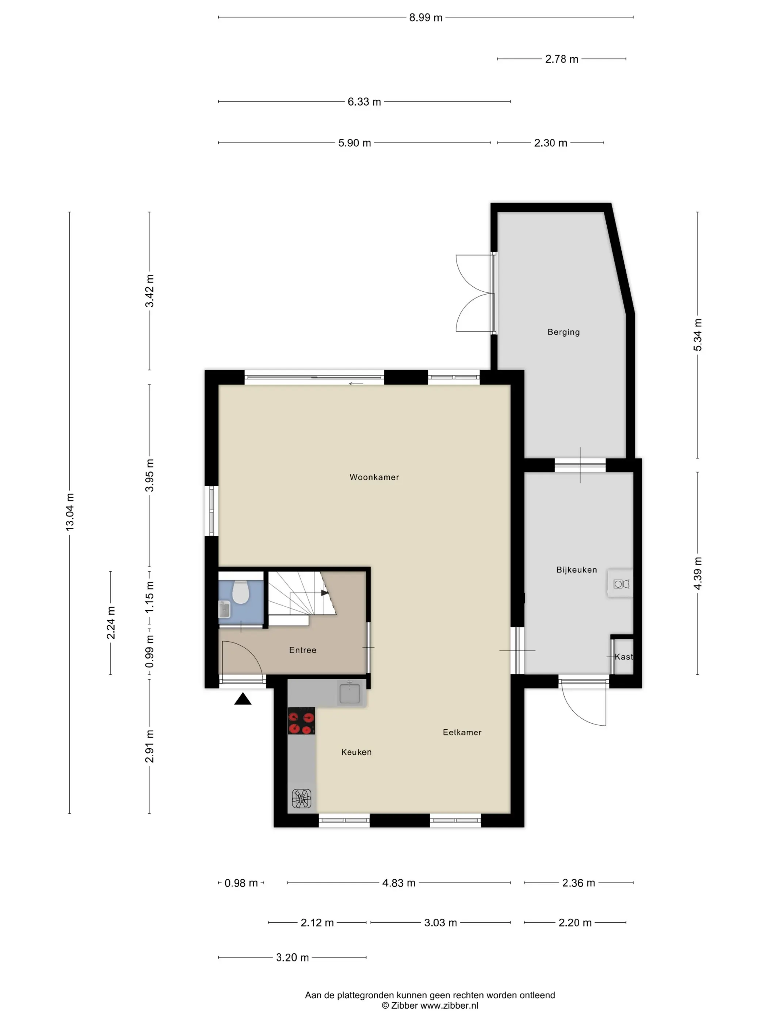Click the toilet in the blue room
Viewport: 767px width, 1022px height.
click(x=240, y=591)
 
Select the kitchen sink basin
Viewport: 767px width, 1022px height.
click(x=350, y=693)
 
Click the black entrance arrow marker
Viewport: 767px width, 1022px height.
click(x=243, y=699)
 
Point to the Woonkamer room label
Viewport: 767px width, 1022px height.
click(x=374, y=477)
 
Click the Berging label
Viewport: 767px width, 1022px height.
click(x=564, y=332)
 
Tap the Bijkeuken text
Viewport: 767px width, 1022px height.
click(x=576, y=570)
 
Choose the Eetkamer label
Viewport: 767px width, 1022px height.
click(x=462, y=732)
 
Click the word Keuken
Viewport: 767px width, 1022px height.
click(x=356, y=752)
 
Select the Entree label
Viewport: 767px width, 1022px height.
click(x=303, y=650)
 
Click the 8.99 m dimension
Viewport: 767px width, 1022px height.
click(x=426, y=18)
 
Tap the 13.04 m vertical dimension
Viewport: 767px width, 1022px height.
click(x=70, y=512)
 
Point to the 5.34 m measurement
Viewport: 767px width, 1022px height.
click(x=697, y=335)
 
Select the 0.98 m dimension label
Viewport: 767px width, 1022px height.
click(x=241, y=883)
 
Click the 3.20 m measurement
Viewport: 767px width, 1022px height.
click(x=292, y=957)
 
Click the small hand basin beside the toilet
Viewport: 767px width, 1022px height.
click(x=224, y=610)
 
